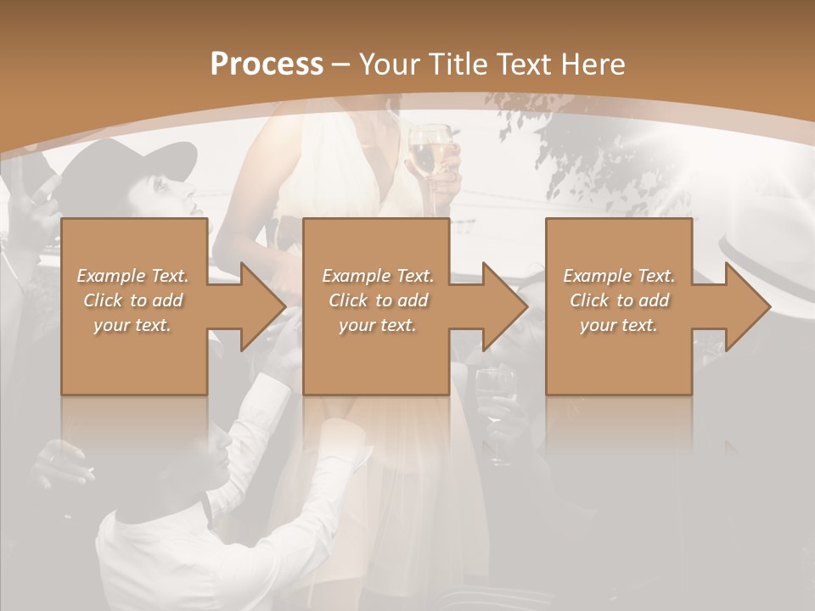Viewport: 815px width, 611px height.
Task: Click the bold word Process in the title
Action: [267, 64]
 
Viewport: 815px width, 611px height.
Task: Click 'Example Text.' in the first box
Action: [132, 276]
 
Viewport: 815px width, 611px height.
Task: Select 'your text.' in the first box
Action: [132, 325]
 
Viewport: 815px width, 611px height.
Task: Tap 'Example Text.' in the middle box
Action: [378, 276]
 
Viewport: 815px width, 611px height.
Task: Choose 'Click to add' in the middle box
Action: [378, 300]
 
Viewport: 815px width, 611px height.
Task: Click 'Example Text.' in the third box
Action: [619, 276]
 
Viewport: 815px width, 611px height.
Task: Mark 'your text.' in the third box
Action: [619, 325]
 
